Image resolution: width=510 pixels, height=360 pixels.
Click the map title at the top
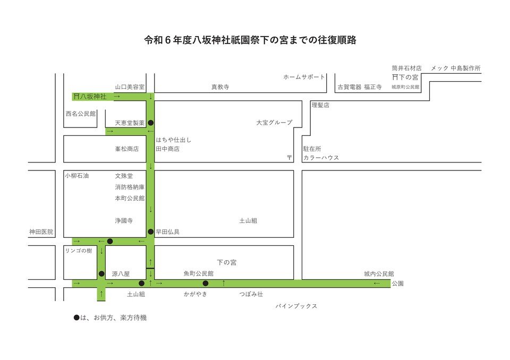tap(250, 40)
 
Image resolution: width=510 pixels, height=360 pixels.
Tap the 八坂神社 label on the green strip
tap(93, 97)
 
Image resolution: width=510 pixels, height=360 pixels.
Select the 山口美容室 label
tap(130, 87)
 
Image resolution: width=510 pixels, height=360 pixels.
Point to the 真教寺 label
tap(220, 87)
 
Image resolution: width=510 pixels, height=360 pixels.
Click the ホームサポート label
tap(304, 77)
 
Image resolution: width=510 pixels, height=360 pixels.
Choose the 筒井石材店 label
tap(406, 68)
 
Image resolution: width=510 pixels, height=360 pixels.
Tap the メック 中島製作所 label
tap(456, 68)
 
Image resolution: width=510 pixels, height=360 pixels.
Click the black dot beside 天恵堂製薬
tap(150, 123)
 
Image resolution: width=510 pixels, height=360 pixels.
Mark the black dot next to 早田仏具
tap(150, 232)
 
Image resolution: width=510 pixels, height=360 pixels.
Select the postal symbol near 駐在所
tap(290, 158)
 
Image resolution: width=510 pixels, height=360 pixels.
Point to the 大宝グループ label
tap(274, 123)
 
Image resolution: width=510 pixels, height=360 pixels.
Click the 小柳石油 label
tap(76, 176)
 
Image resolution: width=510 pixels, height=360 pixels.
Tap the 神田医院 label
tap(41, 232)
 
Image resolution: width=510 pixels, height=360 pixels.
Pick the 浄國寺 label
tap(124, 220)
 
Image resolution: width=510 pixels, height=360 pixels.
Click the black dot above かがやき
tap(206, 283)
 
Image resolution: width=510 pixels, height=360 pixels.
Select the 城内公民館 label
tap(379, 274)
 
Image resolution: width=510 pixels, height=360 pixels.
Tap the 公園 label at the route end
tap(398, 284)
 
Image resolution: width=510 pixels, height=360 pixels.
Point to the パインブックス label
tap(296, 306)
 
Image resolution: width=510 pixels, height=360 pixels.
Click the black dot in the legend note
tap(76, 318)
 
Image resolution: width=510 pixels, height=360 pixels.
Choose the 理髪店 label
tap(320, 105)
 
